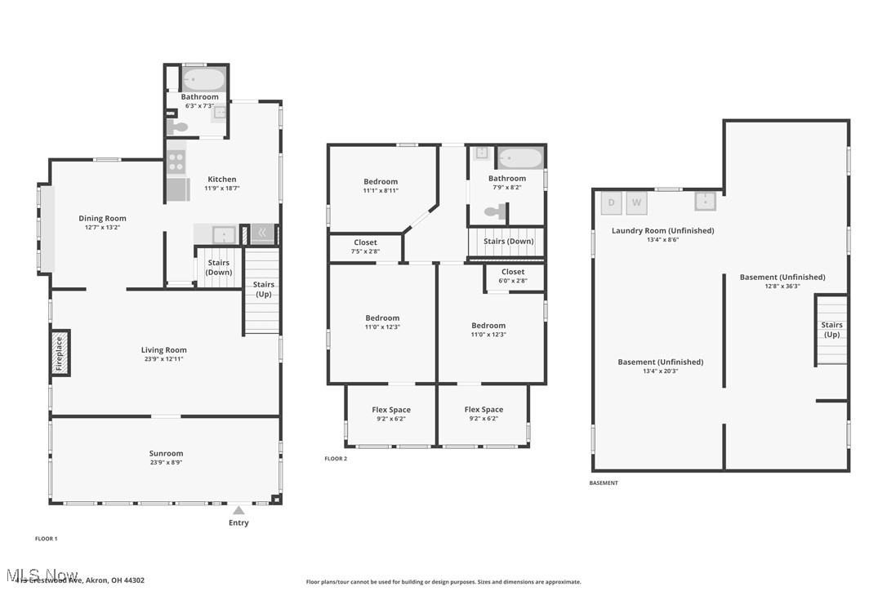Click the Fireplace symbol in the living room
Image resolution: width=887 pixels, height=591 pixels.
(x=59, y=353)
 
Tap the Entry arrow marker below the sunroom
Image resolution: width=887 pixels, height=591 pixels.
(x=238, y=510)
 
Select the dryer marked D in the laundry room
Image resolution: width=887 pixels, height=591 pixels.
(x=612, y=202)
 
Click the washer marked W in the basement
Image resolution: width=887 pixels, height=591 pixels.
(x=637, y=202)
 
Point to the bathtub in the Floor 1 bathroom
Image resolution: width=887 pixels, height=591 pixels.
(x=203, y=80)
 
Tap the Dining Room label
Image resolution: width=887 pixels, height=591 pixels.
(x=102, y=218)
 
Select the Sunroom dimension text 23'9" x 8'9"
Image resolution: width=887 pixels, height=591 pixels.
(x=166, y=462)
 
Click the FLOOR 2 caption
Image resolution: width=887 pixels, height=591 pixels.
(x=336, y=459)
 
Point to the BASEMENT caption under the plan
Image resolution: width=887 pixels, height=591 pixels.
(x=604, y=482)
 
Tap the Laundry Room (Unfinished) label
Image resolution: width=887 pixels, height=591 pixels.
(x=662, y=230)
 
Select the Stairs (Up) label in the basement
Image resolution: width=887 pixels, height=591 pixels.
(x=831, y=330)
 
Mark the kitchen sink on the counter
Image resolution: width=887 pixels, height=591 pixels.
(x=224, y=235)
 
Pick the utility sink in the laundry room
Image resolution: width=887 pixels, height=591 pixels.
(x=706, y=201)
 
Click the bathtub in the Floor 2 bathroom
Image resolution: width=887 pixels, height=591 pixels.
(x=520, y=158)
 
